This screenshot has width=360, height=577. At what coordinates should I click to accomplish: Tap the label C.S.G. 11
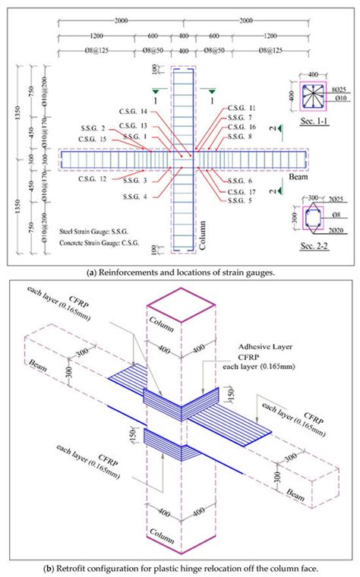pos(242,108)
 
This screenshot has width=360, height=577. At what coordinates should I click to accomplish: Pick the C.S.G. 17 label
pos(242,193)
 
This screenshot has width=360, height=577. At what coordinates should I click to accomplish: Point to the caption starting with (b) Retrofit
pos(180,565)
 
